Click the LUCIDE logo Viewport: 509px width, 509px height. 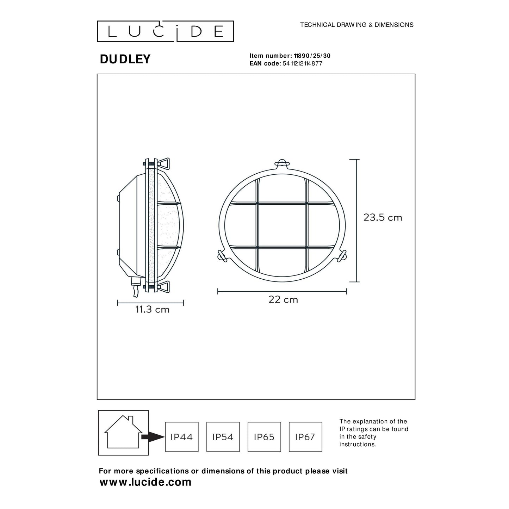(165, 31)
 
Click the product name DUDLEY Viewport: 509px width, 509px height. (125, 59)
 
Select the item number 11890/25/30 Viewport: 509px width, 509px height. (312, 56)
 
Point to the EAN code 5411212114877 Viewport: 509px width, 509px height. (302, 63)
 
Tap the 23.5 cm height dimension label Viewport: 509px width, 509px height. (383, 218)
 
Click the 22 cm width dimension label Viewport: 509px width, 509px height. (283, 299)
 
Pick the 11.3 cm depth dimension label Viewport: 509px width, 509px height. (152, 310)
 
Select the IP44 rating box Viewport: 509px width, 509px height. (182, 437)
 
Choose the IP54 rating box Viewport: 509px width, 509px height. (223, 437)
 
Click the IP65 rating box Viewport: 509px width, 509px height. (264, 437)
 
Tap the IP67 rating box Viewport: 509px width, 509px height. (305, 437)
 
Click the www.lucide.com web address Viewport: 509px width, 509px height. (145, 482)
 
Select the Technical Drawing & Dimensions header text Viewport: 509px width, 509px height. (356, 25)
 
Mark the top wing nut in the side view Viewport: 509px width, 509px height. (164, 162)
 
